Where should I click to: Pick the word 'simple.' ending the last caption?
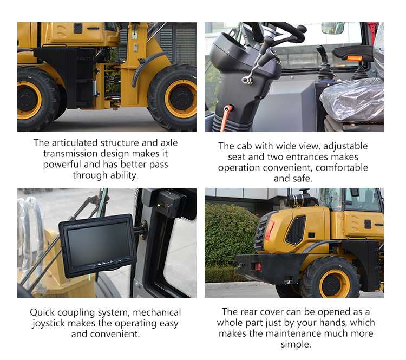[296, 344]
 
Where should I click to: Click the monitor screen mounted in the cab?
[98, 245]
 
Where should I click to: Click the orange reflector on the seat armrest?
[354, 58]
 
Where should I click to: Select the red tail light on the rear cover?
[269, 230]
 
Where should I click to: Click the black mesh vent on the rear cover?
[296, 230]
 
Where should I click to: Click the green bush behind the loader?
[231, 235]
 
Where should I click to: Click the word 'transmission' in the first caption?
[69, 154]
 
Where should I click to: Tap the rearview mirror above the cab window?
[333, 28]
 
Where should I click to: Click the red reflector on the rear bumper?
[257, 266]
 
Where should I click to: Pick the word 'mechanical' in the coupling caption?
[156, 312]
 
